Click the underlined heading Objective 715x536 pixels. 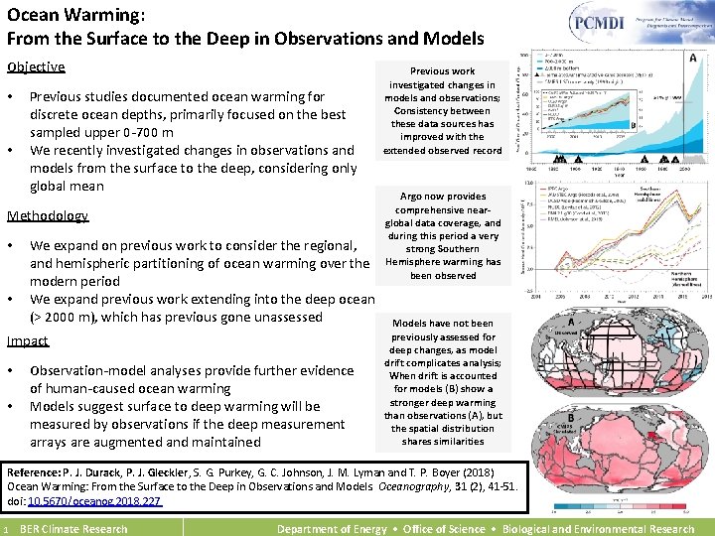tap(36, 67)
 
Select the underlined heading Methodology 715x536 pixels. tap(48, 216)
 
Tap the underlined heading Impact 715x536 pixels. tap(28, 341)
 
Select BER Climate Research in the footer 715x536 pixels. tap(73, 529)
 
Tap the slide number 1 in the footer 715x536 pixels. tap(5, 529)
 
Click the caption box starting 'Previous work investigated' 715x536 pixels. tap(443, 110)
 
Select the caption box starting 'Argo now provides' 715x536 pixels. tap(443, 236)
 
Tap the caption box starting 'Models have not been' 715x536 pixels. tap(443, 382)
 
